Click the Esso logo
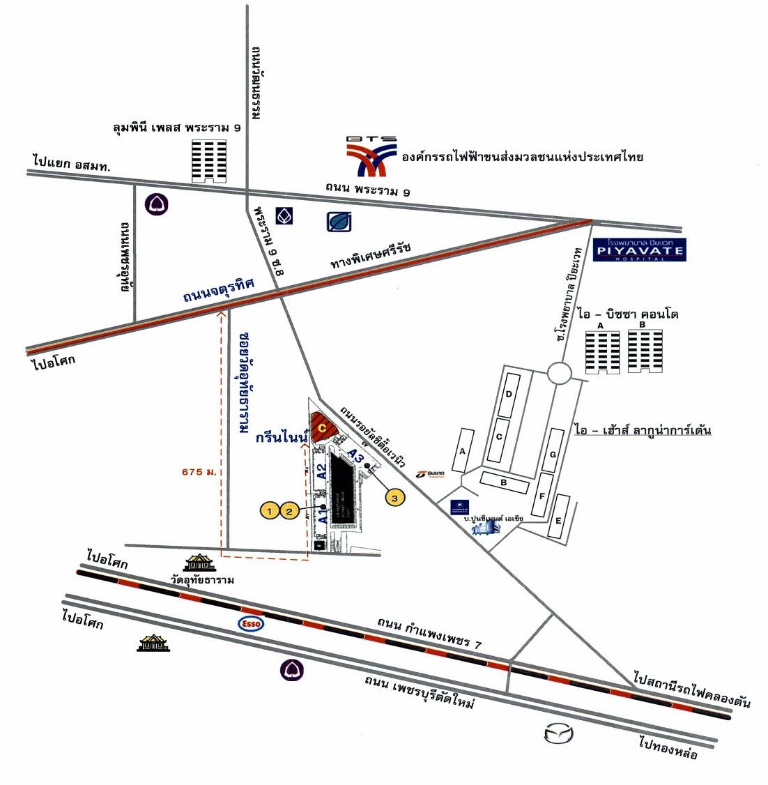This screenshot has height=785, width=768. (x=252, y=623)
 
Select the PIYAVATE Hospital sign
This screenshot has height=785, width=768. (x=639, y=250)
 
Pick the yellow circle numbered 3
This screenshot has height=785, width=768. (x=395, y=498)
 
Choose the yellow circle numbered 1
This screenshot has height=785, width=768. (x=270, y=511)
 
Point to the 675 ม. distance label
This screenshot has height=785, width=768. (x=197, y=472)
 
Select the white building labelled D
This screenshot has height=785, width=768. (x=509, y=395)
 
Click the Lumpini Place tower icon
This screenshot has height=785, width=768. (x=209, y=160)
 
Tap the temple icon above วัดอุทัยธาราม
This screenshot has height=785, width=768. (x=199, y=563)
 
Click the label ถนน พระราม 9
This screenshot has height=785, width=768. (x=367, y=189)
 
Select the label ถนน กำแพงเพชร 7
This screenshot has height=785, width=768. (x=429, y=632)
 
